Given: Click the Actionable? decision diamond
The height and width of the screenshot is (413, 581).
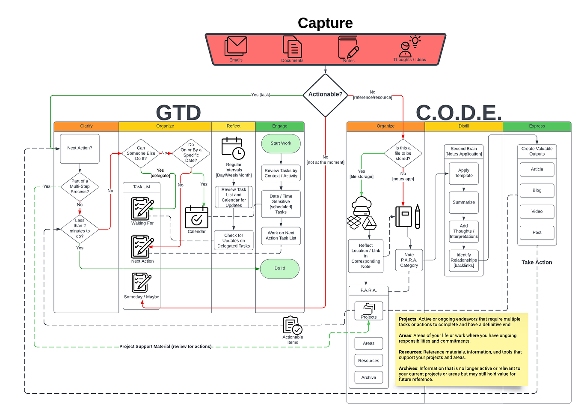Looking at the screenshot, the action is (325, 96).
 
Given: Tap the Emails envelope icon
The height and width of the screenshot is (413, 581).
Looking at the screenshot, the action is (235, 46).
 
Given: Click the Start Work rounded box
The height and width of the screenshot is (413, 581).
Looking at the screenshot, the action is (281, 144).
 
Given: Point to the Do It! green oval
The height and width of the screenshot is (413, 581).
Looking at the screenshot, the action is (280, 269).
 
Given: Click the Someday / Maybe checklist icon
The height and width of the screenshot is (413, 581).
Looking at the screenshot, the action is (141, 283).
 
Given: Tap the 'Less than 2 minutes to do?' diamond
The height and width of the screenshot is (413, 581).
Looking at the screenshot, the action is (80, 229).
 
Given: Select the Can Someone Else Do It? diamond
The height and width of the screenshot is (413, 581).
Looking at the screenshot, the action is (141, 153).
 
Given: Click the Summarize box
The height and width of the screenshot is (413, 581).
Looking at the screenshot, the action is (464, 202).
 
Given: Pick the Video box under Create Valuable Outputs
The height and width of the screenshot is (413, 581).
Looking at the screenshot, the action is (537, 212).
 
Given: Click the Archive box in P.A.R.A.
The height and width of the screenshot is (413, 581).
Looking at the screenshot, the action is (368, 377).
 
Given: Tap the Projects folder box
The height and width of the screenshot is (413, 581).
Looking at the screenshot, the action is (368, 311).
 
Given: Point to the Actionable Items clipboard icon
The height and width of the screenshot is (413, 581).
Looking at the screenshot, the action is (293, 325).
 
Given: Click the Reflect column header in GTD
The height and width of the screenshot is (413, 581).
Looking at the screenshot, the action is (234, 126).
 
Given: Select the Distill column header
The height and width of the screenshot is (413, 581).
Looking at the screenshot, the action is (464, 126).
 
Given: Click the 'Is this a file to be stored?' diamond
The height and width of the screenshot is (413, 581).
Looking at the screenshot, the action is (403, 153).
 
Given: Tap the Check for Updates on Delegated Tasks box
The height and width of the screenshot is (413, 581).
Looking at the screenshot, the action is (234, 240).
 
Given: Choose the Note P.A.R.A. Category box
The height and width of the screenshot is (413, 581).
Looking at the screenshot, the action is (409, 260).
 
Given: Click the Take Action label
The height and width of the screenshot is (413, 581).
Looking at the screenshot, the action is (537, 263).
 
